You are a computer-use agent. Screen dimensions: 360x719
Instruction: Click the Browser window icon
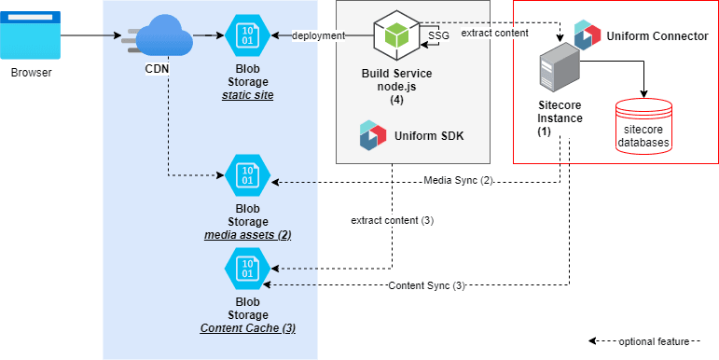tap(31, 35)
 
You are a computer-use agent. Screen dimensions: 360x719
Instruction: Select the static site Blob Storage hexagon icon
tap(247, 36)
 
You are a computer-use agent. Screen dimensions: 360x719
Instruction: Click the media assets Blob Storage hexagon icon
tap(247, 174)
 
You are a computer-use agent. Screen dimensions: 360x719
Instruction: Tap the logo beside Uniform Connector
tap(588, 34)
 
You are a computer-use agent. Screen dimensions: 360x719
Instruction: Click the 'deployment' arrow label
tap(318, 36)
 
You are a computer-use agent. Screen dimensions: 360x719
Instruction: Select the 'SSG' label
tap(437, 36)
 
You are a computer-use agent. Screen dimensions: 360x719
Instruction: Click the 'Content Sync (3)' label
tap(425, 284)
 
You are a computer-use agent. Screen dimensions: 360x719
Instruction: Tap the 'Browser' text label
tap(31, 73)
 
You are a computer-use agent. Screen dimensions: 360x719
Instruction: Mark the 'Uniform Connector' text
tap(657, 35)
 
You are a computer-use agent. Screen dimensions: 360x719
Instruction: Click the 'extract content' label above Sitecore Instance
tap(495, 34)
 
